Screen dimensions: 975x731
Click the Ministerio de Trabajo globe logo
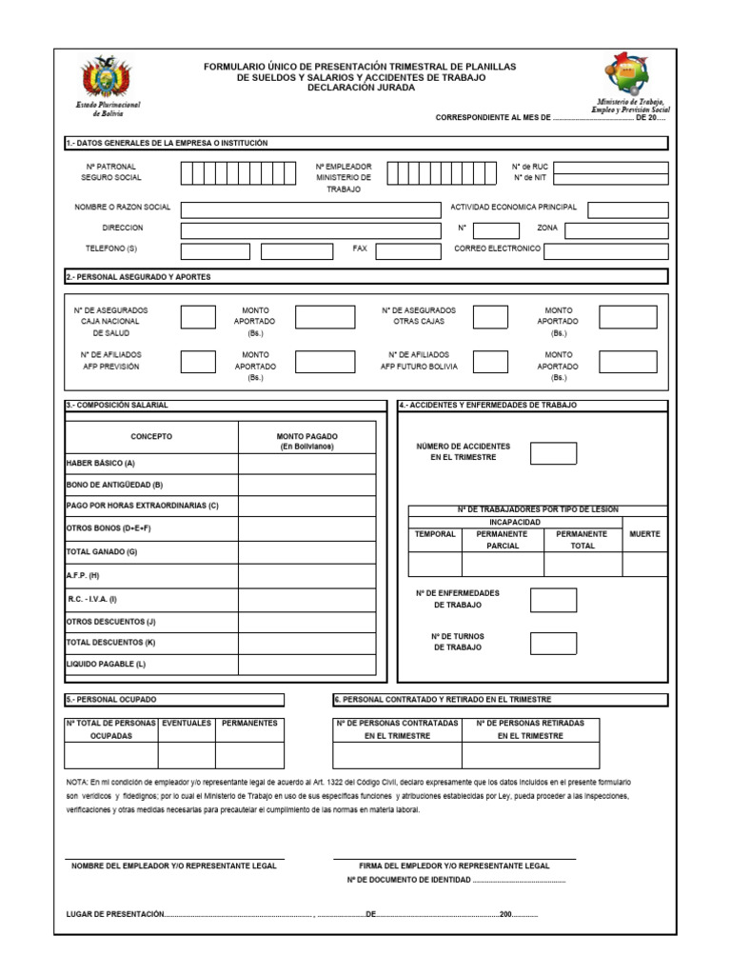click(630, 73)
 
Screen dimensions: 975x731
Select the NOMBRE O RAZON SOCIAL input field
click(310, 209)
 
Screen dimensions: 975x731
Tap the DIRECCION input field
click(310, 230)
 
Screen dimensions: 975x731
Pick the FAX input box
click(408, 251)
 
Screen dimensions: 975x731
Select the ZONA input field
click(616, 230)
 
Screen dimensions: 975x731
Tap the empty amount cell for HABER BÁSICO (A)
click(306, 464)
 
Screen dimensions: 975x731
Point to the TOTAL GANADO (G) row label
click(102, 552)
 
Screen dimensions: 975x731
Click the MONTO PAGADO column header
click(306, 441)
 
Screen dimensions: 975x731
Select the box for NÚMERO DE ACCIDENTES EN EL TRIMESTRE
click(553, 453)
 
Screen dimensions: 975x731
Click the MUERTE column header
click(644, 534)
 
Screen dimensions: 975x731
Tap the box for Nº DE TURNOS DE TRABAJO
click(553, 644)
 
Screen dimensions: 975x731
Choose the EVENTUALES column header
click(187, 724)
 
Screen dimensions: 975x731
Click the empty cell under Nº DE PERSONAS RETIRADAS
click(530, 755)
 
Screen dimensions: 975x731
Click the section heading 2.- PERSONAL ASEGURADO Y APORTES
click(138, 277)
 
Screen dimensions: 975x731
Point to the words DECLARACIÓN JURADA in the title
click(361, 88)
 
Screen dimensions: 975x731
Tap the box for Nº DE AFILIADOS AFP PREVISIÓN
click(198, 362)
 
